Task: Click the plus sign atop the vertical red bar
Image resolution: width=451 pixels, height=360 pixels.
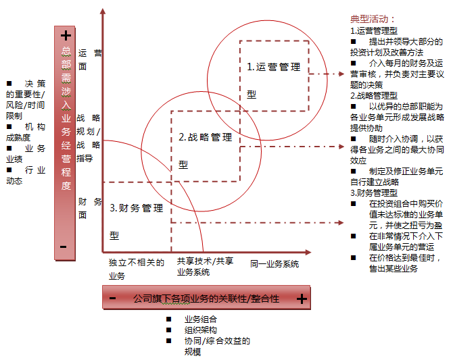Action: tap(66, 36)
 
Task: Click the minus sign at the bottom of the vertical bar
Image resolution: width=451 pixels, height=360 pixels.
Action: tap(64, 247)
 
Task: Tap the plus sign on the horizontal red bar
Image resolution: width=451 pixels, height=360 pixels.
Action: tap(302, 299)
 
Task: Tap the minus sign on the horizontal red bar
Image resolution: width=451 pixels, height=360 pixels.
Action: tap(112, 299)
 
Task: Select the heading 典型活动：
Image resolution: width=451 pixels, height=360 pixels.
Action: tap(373, 20)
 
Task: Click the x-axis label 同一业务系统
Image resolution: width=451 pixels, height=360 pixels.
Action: tap(275, 263)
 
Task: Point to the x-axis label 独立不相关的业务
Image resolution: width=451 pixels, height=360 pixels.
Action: tap(137, 269)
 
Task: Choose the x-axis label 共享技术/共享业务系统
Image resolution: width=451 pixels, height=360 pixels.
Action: tap(205, 267)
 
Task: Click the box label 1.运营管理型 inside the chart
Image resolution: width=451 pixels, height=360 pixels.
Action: tap(274, 80)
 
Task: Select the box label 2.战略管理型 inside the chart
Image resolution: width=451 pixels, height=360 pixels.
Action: tap(205, 151)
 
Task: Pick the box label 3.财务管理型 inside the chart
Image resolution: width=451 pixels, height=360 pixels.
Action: tap(137, 222)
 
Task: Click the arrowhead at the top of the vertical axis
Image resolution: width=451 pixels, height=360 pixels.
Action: tap(103, 11)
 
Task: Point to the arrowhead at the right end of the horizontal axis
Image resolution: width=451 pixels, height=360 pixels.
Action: tap(308, 252)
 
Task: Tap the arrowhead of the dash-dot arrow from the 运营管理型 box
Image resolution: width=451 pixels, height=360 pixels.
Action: tap(341, 74)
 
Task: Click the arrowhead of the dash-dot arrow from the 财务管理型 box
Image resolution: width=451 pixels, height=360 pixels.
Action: tap(341, 222)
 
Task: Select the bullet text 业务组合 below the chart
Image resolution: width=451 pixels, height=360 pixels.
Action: tap(201, 319)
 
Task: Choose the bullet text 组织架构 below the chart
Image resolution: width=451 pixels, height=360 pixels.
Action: tap(201, 330)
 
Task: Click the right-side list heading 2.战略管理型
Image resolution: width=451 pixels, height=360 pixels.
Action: tap(374, 95)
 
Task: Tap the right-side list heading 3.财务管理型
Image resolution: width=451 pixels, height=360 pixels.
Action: tap(374, 192)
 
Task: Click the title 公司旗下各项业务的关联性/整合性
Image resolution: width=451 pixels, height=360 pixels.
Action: tap(206, 299)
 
